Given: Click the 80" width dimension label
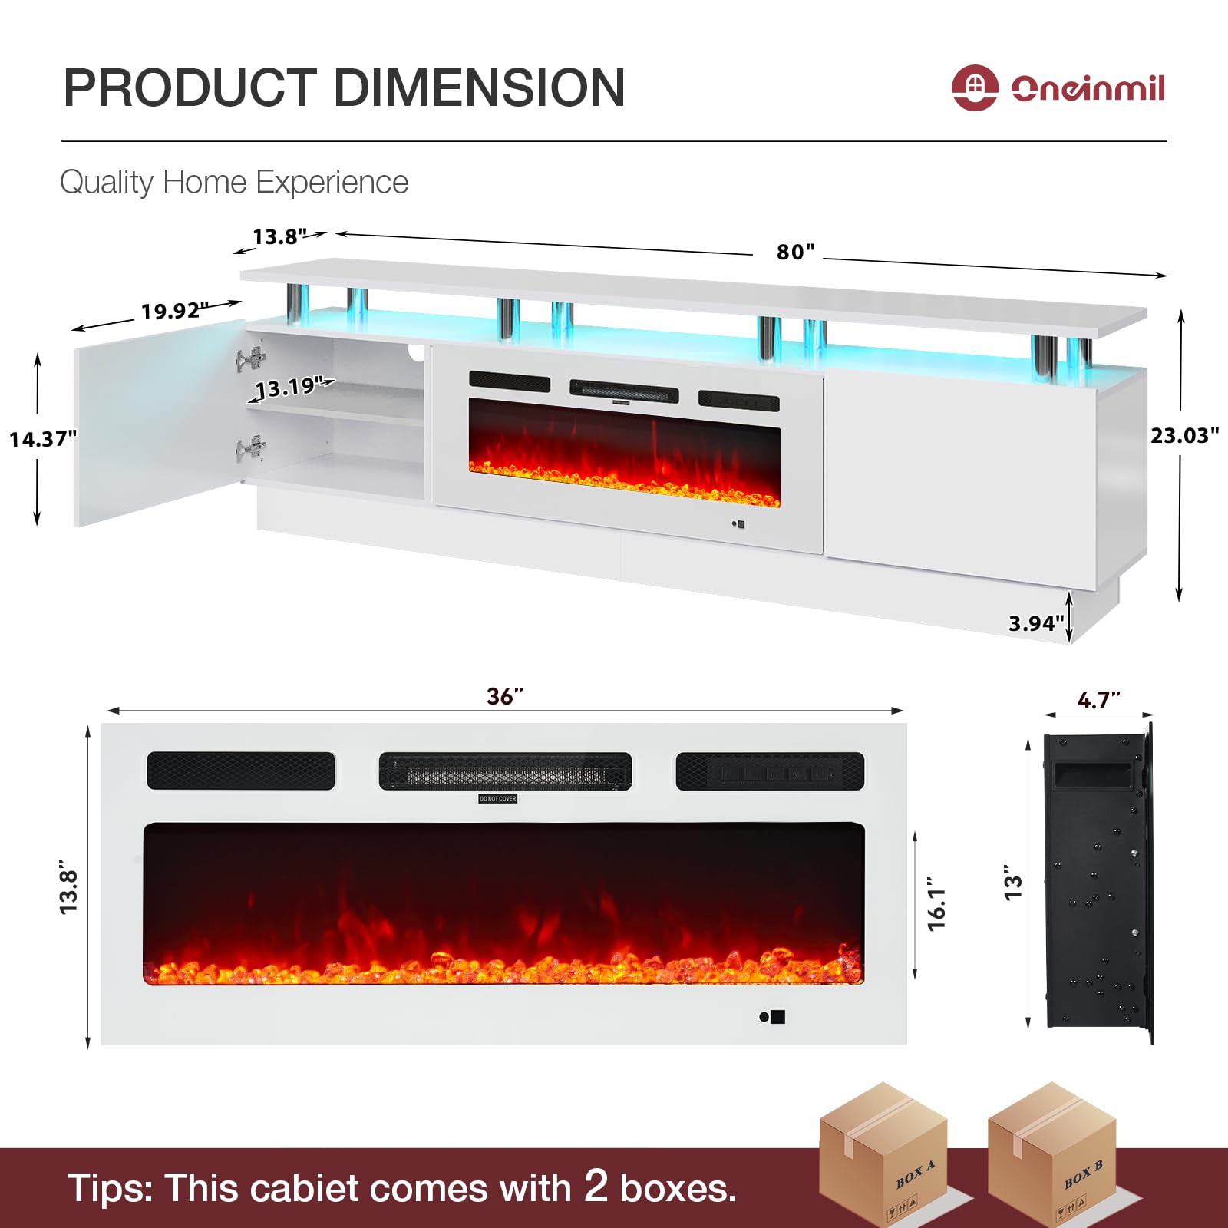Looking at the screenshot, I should click(795, 252).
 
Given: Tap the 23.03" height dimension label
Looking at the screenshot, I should click(1183, 436).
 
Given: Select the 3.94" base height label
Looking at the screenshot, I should click(1036, 623).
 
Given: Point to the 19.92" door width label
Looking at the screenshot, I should click(174, 311).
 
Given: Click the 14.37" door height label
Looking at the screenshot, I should click(43, 439).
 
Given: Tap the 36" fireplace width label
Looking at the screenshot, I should click(505, 696).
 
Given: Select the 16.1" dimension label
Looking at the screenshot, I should click(936, 904).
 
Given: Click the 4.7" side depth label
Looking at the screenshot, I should click(1098, 700).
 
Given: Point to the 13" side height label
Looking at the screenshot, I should click(1013, 886).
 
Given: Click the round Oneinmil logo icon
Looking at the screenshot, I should click(975, 87).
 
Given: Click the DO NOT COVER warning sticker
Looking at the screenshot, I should click(497, 799).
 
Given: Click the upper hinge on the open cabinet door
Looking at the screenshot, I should click(250, 359).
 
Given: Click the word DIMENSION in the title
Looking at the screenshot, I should click(479, 87).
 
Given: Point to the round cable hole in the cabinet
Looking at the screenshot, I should click(417, 353).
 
